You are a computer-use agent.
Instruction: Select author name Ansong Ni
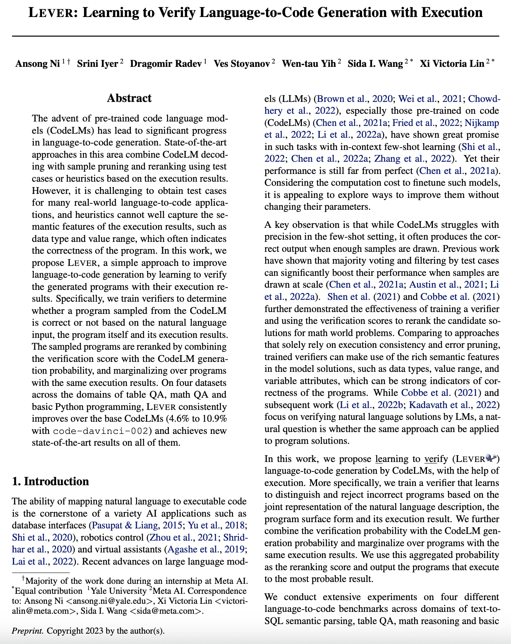coord(37,64)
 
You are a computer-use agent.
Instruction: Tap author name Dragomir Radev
coord(166,64)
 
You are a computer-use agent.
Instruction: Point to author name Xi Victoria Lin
coord(452,64)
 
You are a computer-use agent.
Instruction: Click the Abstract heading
coord(129,98)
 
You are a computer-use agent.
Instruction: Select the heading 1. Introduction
coord(50,482)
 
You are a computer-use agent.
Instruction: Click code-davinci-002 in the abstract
coord(101,431)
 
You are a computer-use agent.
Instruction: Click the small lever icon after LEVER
coord(491,459)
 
